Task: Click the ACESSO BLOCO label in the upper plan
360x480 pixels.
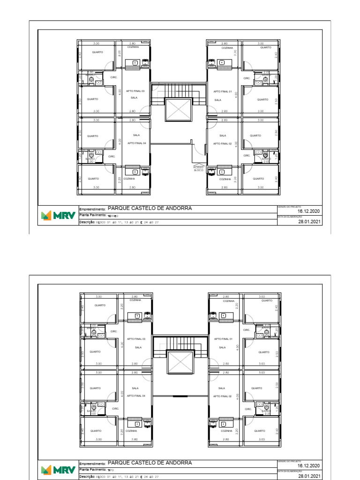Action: pyautogui.click(x=199, y=169)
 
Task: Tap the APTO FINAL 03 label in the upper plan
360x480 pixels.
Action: pyautogui.click(x=135, y=91)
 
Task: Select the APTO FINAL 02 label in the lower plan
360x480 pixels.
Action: pyautogui.click(x=223, y=396)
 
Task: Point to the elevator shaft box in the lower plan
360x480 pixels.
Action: pyautogui.click(x=180, y=362)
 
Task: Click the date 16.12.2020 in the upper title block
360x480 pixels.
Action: pyautogui.click(x=308, y=212)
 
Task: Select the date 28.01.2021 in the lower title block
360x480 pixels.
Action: pyautogui.click(x=308, y=476)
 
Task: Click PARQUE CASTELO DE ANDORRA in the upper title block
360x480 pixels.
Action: pyautogui.click(x=150, y=208)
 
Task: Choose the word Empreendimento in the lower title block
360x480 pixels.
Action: pyautogui.click(x=93, y=464)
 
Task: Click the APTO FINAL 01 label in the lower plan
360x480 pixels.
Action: pyautogui.click(x=224, y=338)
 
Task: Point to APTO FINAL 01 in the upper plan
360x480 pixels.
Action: pyautogui.click(x=223, y=91)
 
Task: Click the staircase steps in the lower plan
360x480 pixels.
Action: pyautogui.click(x=180, y=343)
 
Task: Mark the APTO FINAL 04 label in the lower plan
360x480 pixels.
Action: pyautogui.click(x=136, y=396)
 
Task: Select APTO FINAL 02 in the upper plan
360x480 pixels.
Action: pyautogui.click(x=223, y=143)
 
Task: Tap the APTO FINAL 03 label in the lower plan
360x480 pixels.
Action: pyautogui.click(x=136, y=338)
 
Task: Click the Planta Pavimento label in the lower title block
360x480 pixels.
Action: pyautogui.click(x=92, y=469)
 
